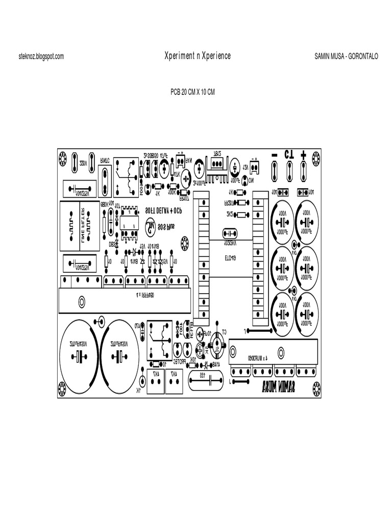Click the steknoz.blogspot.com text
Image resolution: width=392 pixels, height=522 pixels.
[x=41, y=57]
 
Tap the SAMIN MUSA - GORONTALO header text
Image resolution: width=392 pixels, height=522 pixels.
[x=346, y=57]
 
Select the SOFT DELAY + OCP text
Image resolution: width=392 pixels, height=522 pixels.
[x=163, y=210]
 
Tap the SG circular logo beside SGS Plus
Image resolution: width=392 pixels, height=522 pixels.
[x=151, y=225]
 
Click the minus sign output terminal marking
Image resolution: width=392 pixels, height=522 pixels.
[x=274, y=154]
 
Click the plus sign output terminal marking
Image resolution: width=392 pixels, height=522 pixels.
[x=304, y=154]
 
